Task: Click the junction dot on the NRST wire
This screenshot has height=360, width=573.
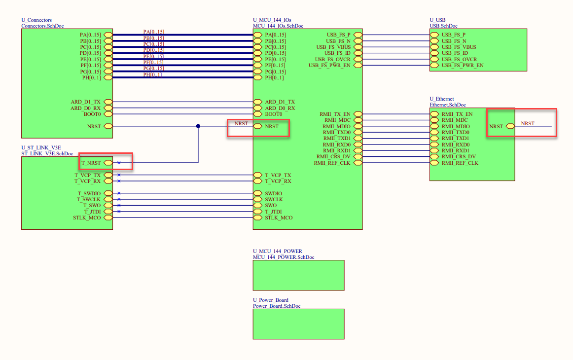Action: click(198, 126)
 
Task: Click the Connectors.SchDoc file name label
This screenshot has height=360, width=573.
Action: click(42, 26)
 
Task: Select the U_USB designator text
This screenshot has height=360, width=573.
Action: click(437, 20)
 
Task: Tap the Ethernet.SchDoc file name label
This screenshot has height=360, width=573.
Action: click(447, 105)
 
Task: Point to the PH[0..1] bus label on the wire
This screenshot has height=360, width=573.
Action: click(153, 74)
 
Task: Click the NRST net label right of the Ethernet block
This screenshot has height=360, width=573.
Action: click(528, 123)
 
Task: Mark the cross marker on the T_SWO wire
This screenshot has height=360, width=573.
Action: click(119, 205)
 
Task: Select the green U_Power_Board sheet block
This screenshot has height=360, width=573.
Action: click(298, 324)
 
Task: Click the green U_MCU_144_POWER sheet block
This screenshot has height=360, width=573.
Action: click(298, 275)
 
